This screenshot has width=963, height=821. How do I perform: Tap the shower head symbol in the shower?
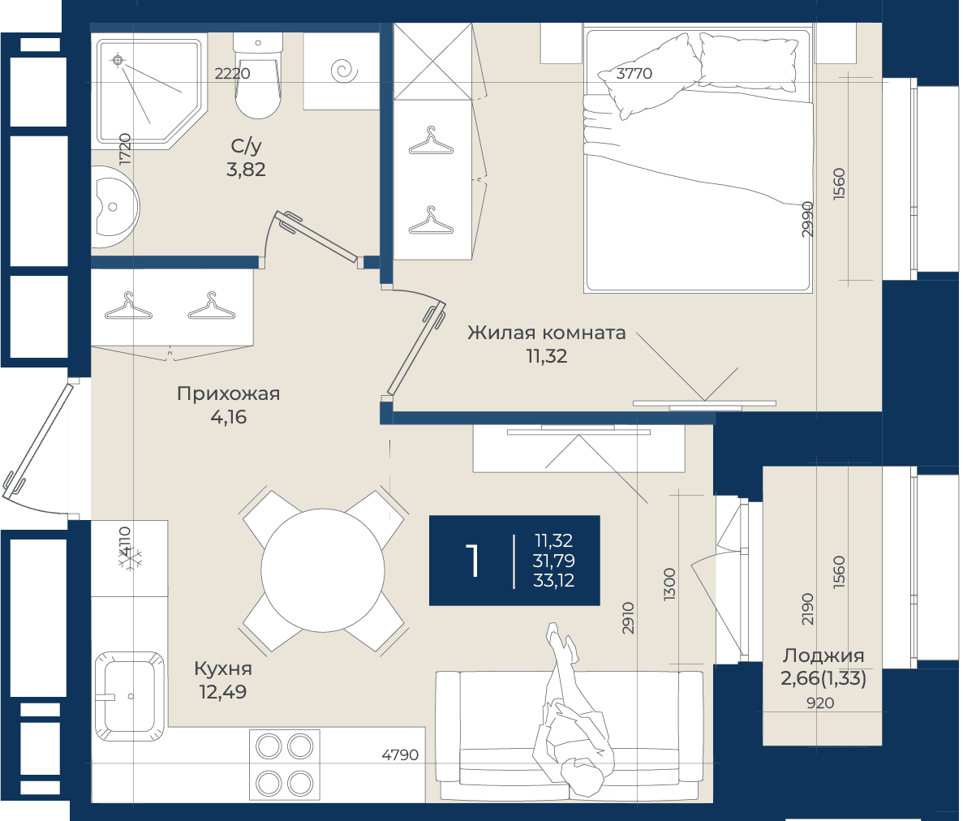pos(118,60)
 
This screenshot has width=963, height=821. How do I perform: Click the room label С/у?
pos(247,146)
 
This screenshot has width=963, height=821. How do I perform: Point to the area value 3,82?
pos(246,170)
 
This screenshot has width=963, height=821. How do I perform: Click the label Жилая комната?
pos(547,333)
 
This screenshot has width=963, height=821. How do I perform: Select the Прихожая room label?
pos(229,393)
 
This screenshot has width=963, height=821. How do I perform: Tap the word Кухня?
pos(223,668)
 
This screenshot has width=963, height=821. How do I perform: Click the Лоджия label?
pos(823,656)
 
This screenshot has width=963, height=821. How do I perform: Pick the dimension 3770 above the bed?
pos(634,74)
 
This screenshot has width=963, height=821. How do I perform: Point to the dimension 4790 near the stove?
pos(400,754)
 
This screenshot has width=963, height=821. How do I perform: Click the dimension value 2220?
pos(232,74)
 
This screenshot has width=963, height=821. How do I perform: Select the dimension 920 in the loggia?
pos(820,703)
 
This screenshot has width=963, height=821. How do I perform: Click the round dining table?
pos(323,570)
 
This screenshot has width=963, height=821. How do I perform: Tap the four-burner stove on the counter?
pos(285,765)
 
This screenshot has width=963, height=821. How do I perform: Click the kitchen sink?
pos(129,696)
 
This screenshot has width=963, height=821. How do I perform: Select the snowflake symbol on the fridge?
pos(130,558)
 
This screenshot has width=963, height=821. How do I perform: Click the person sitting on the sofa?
pos(572,710)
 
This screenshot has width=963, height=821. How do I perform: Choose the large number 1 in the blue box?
pos(471,561)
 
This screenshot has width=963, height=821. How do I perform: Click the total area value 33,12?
pos(554,581)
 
